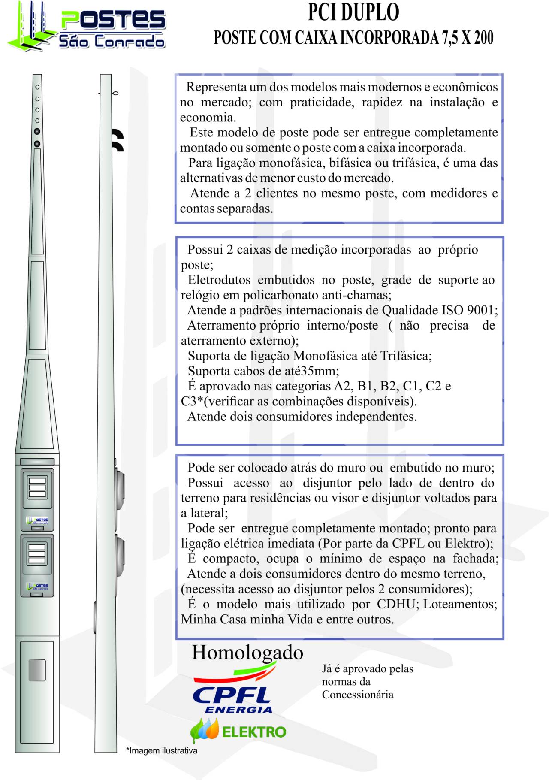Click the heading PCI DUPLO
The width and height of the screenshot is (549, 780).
pyautogui.click(x=353, y=12)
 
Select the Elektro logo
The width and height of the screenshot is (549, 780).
pyautogui.click(x=238, y=731)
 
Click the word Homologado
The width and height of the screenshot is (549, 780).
pyautogui.click(x=247, y=653)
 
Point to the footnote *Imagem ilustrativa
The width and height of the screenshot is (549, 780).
pyautogui.click(x=162, y=751)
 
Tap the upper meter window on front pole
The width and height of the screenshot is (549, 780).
pyautogui.click(x=37, y=487)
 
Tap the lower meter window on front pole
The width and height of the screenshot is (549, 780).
pyautogui.click(x=37, y=553)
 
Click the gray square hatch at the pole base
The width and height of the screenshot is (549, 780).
pyautogui.click(x=37, y=670)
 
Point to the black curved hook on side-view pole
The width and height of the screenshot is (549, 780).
pyautogui.click(x=118, y=140)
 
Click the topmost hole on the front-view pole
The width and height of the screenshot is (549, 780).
pyautogui.click(x=37, y=87)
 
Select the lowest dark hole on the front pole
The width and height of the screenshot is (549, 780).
pyautogui.click(x=37, y=144)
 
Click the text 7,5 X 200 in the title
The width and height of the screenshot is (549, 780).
pyautogui.click(x=468, y=38)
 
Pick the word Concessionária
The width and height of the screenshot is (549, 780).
pyautogui.click(x=357, y=695)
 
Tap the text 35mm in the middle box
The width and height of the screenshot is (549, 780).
pyautogui.click(x=323, y=371)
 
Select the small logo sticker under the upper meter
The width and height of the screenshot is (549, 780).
pyautogui.click(x=37, y=521)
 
